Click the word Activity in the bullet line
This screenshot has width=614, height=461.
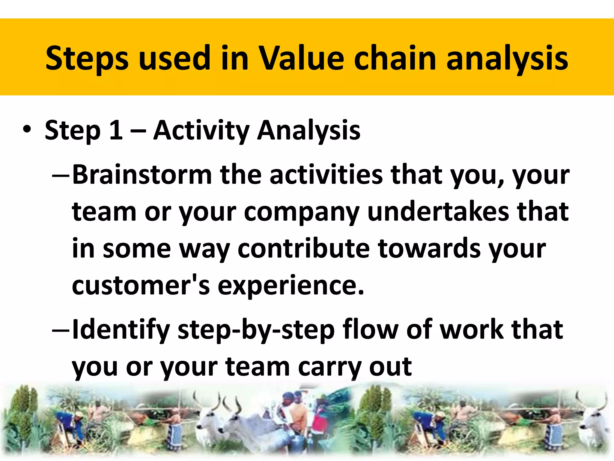pyautogui.click(x=201, y=130)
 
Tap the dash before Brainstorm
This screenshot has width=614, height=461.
pyautogui.click(x=61, y=175)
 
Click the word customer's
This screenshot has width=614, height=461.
pyautogui.click(x=141, y=285)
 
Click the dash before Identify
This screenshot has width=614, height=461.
pyautogui.click(x=61, y=330)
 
